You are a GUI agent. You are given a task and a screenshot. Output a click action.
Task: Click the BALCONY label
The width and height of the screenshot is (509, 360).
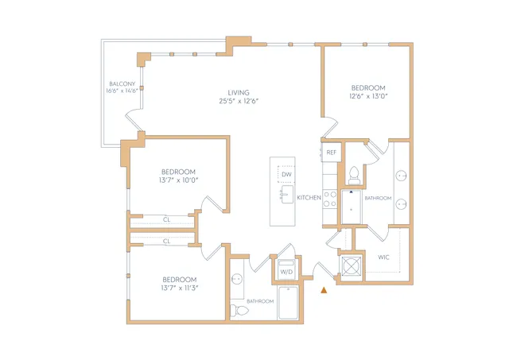(122, 83)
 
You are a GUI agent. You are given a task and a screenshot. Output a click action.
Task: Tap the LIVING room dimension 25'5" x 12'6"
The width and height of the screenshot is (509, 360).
(239, 101)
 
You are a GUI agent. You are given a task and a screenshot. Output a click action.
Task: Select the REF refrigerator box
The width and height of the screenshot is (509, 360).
(332, 152)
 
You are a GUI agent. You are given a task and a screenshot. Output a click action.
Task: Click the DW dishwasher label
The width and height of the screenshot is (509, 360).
(286, 175)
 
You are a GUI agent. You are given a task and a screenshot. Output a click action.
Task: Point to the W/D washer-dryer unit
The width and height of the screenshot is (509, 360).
(286, 269)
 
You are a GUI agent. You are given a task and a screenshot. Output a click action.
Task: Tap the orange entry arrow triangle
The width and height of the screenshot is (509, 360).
(324, 290)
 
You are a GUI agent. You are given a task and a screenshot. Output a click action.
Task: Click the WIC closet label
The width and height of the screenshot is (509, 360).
(383, 257)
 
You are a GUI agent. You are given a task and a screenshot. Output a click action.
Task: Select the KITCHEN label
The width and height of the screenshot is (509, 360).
(309, 198)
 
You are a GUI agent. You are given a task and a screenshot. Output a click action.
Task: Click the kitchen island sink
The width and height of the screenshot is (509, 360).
(287, 194)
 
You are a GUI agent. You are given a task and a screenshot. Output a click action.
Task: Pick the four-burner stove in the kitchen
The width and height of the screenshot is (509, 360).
(330, 199)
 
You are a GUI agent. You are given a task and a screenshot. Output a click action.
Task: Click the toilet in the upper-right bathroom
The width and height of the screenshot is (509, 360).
(354, 175)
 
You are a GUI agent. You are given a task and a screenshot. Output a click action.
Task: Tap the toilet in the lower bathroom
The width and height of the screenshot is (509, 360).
(239, 311)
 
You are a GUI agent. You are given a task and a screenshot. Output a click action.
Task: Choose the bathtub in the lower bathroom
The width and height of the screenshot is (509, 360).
(288, 303)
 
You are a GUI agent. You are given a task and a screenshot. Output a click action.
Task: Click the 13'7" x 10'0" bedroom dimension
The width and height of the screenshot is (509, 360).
(178, 180)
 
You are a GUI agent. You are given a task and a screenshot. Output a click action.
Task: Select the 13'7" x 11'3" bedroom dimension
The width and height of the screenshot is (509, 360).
(180, 288)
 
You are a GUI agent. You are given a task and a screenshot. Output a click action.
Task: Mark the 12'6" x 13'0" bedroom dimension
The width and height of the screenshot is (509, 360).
(368, 96)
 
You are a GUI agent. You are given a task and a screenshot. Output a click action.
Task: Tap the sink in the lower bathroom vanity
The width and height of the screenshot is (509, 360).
(237, 279)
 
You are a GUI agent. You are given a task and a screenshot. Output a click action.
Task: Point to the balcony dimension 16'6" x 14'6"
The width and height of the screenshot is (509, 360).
(122, 91)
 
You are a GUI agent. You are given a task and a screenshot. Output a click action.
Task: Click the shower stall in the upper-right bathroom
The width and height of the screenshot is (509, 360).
(352, 207)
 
